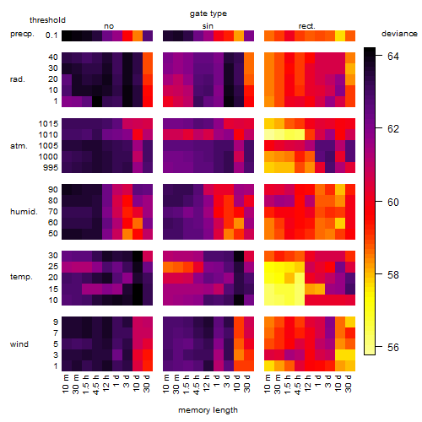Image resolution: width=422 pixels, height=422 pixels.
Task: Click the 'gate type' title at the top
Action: (x=208, y=14)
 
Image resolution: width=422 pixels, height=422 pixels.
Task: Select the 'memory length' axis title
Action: (x=208, y=410)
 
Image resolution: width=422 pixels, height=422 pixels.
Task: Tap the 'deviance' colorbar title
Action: (x=399, y=34)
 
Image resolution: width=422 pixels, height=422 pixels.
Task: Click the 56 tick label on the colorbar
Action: (x=393, y=348)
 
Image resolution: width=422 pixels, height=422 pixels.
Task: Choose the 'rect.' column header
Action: (x=307, y=26)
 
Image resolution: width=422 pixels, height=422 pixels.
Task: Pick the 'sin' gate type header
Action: (x=208, y=26)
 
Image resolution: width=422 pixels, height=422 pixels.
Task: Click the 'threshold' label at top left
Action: (x=47, y=20)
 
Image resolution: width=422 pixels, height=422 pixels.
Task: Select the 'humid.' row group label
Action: (x=24, y=212)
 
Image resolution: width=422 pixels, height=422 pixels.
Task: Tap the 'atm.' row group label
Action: (x=19, y=146)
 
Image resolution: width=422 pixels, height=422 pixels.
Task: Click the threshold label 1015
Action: (x=48, y=124)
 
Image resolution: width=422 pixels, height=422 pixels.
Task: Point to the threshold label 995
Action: (x=51, y=168)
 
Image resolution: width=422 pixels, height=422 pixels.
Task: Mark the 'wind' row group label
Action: (x=19, y=344)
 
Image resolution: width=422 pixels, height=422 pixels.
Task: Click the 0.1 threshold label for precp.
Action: (x=51, y=35)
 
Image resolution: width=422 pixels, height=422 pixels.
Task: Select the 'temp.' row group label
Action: (x=21, y=277)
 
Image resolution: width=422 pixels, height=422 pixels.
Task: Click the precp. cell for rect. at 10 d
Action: (x=340, y=35)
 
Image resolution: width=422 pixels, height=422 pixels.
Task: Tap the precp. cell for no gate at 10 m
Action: (x=67, y=35)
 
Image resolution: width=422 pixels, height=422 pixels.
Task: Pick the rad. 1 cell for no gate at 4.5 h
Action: (x=97, y=101)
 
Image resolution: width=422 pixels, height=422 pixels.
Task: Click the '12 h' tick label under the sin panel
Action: (x=207, y=383)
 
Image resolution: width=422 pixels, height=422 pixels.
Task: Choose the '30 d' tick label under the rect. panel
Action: (x=349, y=383)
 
